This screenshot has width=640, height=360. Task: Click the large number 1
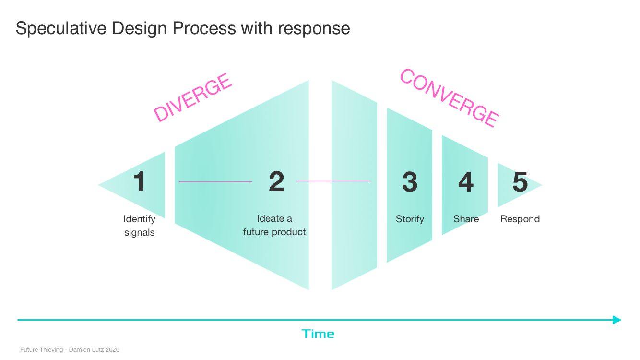click(139, 182)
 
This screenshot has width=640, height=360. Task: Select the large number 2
click(276, 182)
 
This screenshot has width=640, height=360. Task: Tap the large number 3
click(410, 182)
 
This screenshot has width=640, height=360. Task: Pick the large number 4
click(465, 182)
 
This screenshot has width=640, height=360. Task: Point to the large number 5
click(520, 182)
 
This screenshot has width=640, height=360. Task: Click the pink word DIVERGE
click(192, 98)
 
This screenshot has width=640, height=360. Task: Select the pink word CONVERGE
click(449, 97)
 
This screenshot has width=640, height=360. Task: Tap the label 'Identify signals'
click(139, 226)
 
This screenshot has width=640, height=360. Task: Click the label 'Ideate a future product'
click(274, 225)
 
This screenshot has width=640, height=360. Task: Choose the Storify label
click(410, 219)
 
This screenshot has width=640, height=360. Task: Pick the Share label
click(466, 219)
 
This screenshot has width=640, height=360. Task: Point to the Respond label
click(520, 219)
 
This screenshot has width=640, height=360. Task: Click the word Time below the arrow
click(318, 334)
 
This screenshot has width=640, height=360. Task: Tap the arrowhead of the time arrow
click(617, 320)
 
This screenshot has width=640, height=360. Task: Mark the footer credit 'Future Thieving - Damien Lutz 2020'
click(70, 350)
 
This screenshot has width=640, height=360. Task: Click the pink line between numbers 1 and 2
click(215, 181)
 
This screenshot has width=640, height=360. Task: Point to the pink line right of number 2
click(333, 181)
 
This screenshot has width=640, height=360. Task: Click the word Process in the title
click(204, 28)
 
